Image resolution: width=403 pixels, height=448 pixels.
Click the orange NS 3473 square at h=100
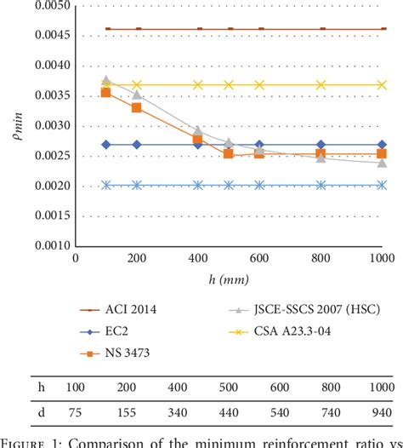(106, 93)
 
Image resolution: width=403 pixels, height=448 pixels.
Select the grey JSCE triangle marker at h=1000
(383, 162)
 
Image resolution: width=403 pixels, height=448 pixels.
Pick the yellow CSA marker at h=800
(321, 84)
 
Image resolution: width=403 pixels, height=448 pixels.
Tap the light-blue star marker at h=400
(198, 185)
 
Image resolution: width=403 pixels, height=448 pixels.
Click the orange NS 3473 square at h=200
(137, 107)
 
